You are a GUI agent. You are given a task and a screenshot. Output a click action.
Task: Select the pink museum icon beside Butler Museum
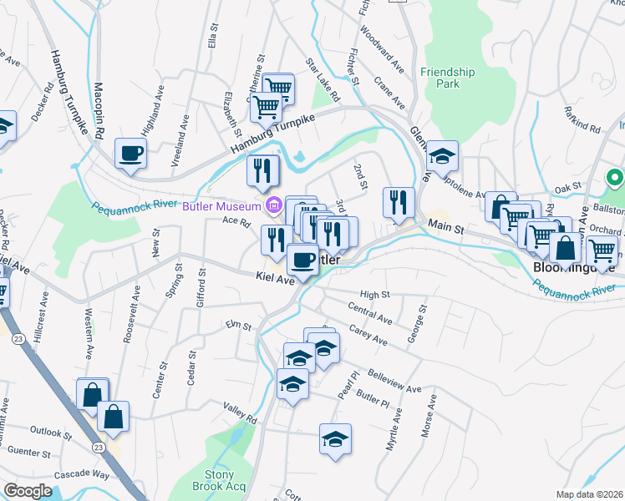pyautogui.click(x=272, y=205)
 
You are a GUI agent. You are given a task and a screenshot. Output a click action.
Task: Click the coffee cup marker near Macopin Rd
pyautogui.click(x=131, y=154)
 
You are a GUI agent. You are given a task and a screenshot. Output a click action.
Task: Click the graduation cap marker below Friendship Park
pyautogui.click(x=440, y=156)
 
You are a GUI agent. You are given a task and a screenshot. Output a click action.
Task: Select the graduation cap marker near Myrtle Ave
pyautogui.click(x=335, y=439)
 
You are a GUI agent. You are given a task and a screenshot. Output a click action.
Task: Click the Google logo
pyautogui.click(x=28, y=491)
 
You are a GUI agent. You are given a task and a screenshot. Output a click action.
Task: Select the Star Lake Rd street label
pyautogui.click(x=323, y=80)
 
